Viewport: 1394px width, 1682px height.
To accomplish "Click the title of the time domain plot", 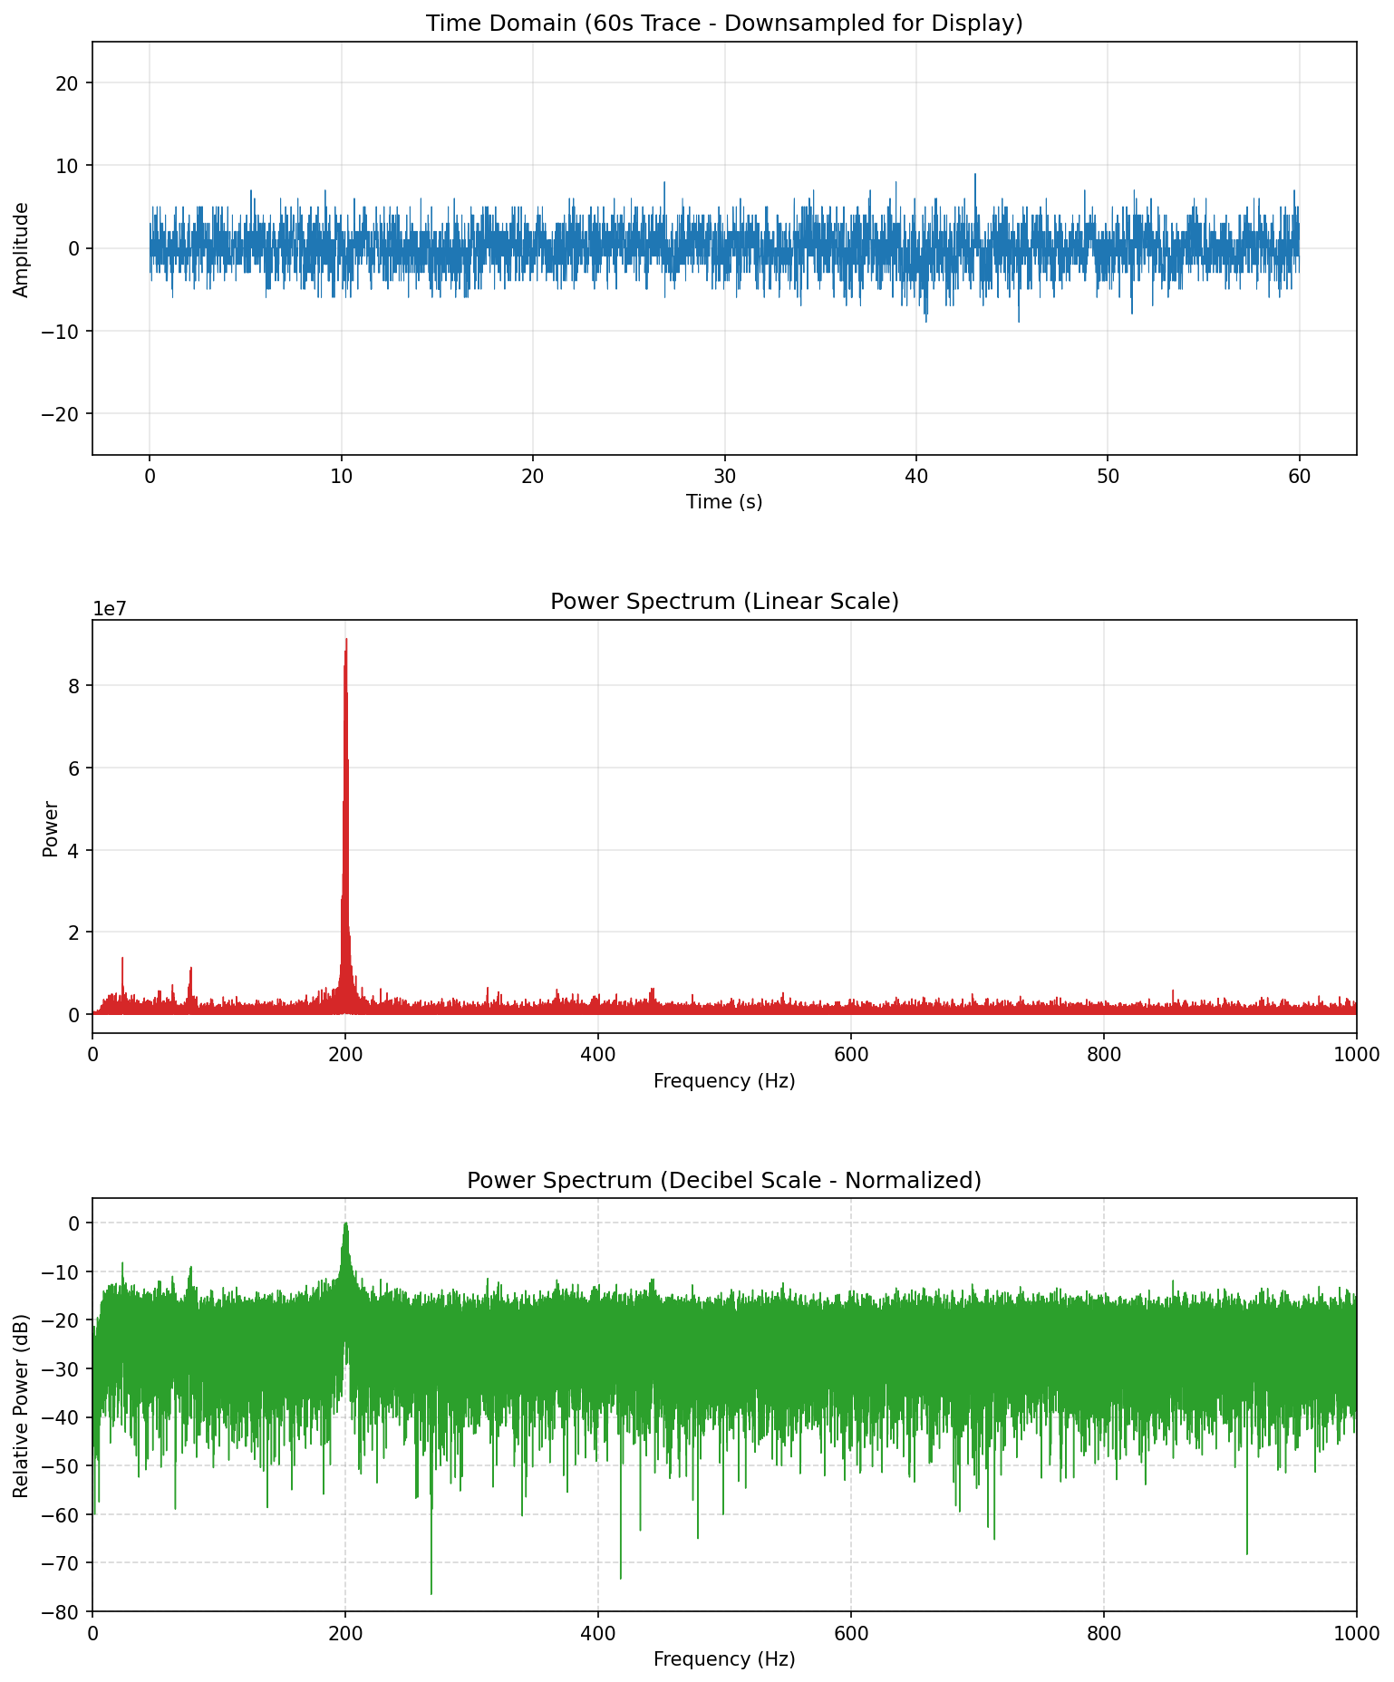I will click(724, 24).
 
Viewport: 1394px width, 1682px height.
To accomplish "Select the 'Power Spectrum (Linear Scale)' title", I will click(724, 602).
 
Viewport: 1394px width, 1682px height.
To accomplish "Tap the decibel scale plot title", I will click(724, 1180).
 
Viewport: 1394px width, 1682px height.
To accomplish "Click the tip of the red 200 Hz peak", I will click(346, 640).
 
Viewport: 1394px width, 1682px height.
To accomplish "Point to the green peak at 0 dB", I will click(345, 1223).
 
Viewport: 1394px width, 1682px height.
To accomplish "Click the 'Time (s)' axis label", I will click(724, 501).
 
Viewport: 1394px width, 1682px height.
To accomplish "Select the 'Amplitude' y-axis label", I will click(22, 249).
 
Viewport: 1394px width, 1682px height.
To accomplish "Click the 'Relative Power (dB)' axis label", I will click(22, 1405).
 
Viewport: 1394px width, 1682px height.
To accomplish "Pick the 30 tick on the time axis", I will click(724, 475).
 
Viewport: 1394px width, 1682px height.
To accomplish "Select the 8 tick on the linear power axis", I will click(76, 686).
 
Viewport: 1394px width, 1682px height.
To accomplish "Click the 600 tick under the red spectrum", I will click(850, 1053).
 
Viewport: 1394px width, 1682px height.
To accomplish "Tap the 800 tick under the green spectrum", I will click(1103, 1631).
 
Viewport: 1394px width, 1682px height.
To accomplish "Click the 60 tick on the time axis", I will click(1299, 475).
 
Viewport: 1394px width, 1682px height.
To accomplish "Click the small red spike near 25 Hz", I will click(122, 958).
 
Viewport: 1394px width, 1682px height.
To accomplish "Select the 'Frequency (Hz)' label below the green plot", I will click(724, 1658).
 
